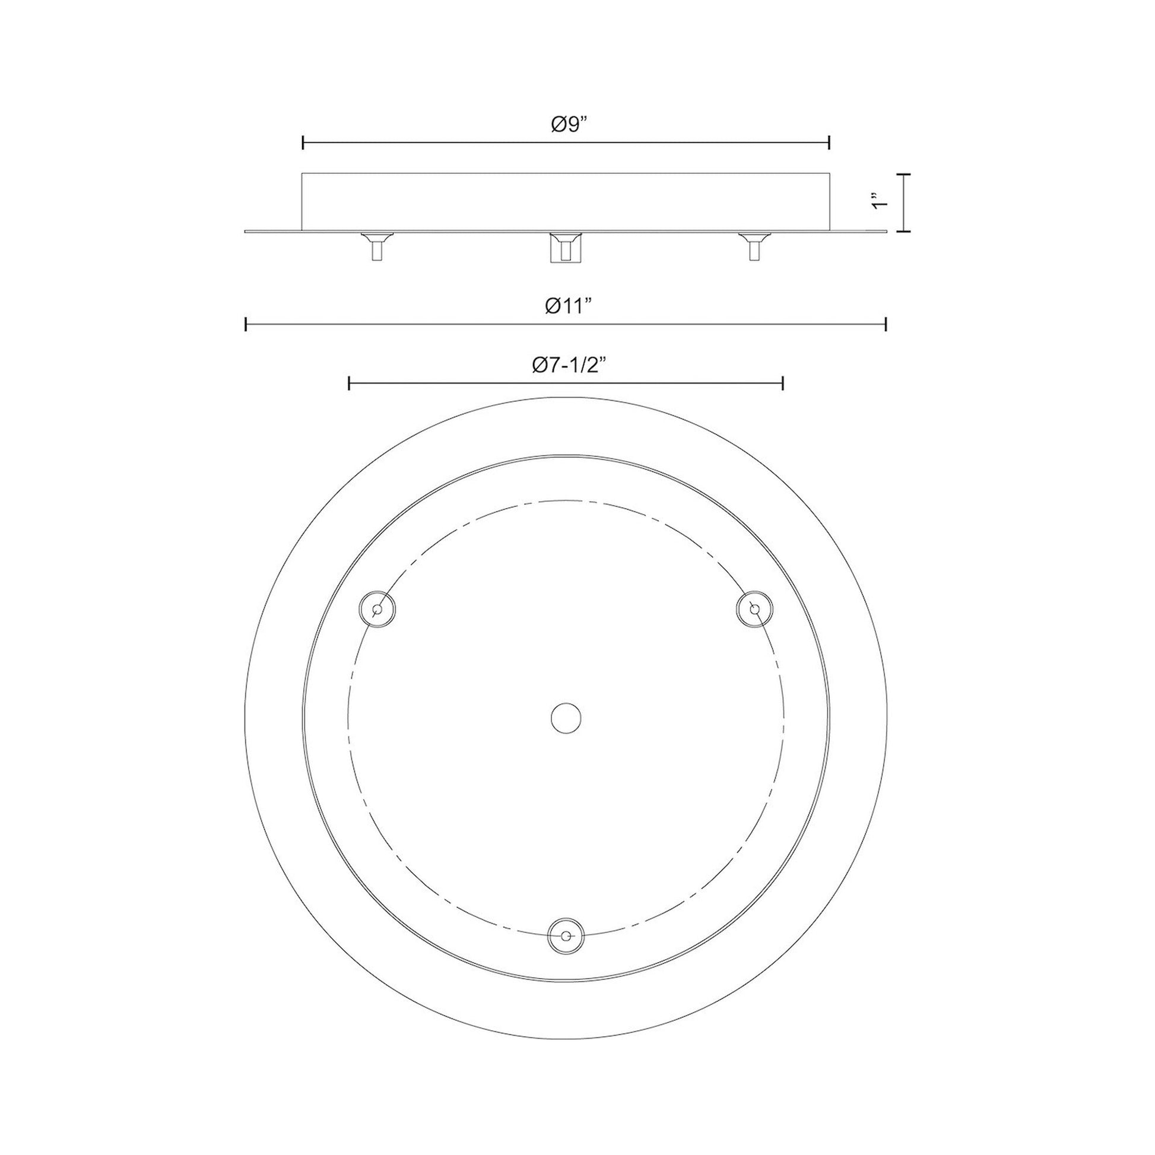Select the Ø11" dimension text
point(568,306)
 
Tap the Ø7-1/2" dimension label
point(566,364)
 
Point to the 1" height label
point(877,201)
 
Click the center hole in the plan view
point(566,718)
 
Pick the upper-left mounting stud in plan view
point(377,609)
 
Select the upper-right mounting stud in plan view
point(754,609)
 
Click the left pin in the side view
point(377,246)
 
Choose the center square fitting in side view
point(566,247)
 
